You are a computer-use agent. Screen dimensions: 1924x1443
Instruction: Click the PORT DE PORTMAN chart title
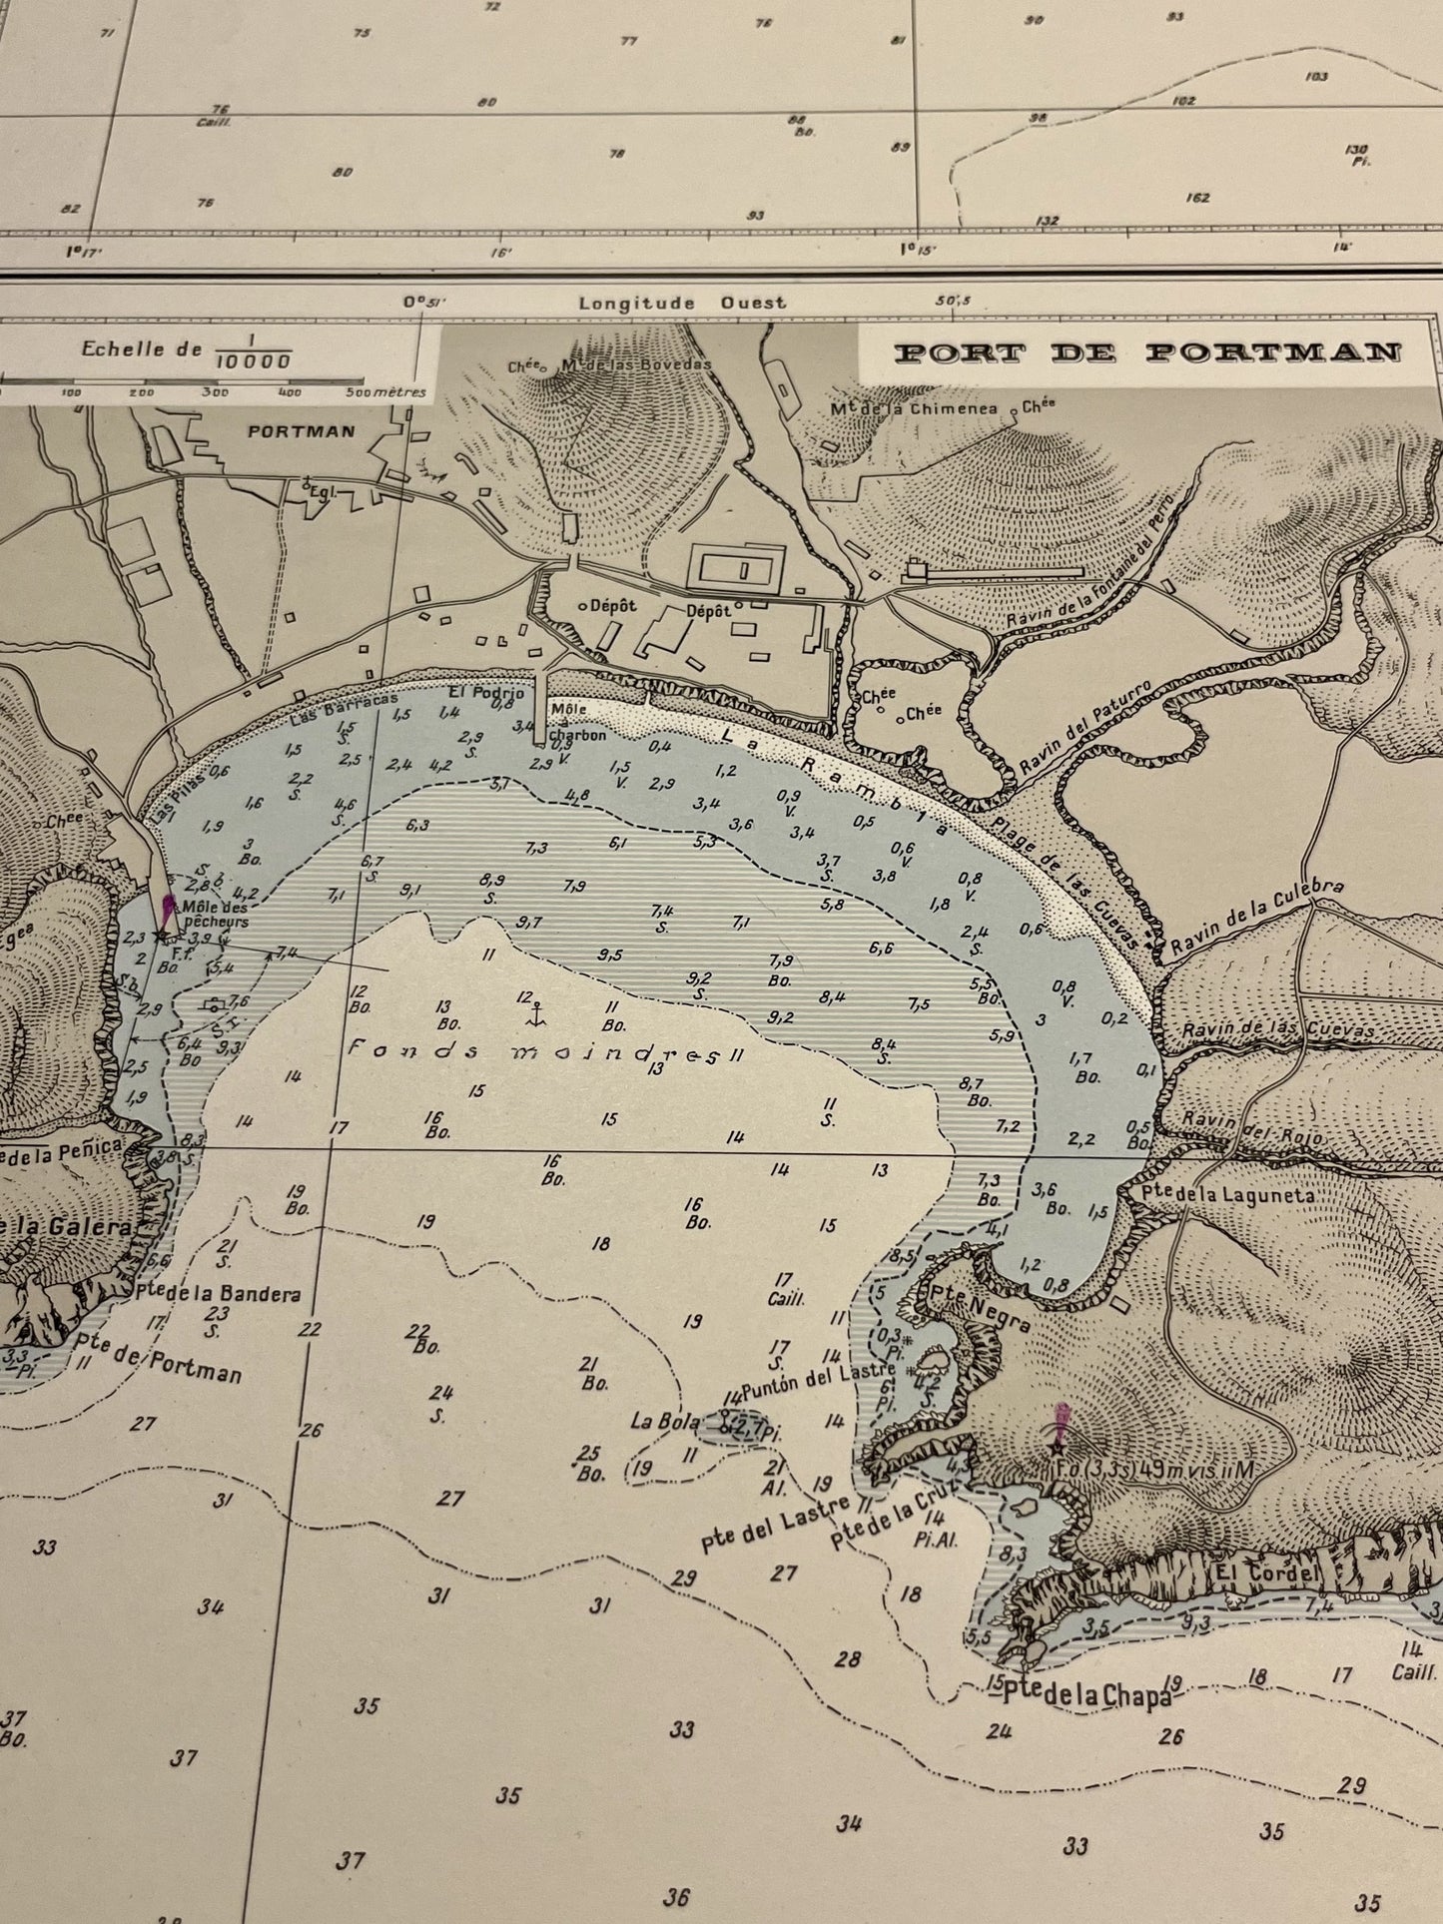tap(1146, 352)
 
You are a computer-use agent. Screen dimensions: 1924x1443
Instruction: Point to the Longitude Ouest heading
tap(682, 303)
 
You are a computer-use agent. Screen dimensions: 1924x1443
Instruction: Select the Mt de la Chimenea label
tap(914, 409)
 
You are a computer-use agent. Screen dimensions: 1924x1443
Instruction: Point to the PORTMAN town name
tap(288, 431)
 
